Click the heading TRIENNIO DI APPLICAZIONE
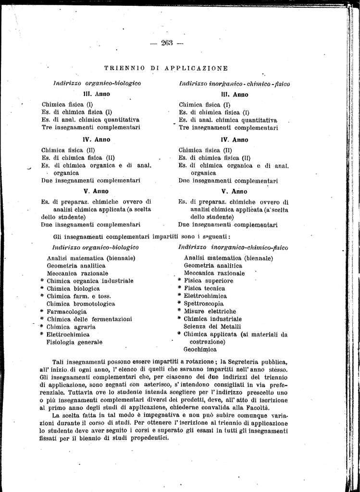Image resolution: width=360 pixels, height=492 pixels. point(166,68)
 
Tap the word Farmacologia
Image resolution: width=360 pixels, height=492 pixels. point(66,311)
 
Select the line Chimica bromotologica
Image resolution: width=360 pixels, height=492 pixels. point(81,304)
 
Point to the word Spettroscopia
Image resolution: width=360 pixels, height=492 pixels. point(203,304)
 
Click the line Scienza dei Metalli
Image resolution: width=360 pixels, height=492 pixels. point(212,327)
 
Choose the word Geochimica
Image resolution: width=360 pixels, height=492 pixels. point(200,350)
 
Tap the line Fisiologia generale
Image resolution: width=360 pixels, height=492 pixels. point(74,342)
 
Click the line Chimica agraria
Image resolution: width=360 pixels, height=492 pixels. point(70,327)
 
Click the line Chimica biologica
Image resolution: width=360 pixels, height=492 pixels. point(73,289)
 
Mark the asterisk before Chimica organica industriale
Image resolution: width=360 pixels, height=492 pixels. point(42,281)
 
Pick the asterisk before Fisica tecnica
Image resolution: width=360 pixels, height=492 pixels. point(180,288)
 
